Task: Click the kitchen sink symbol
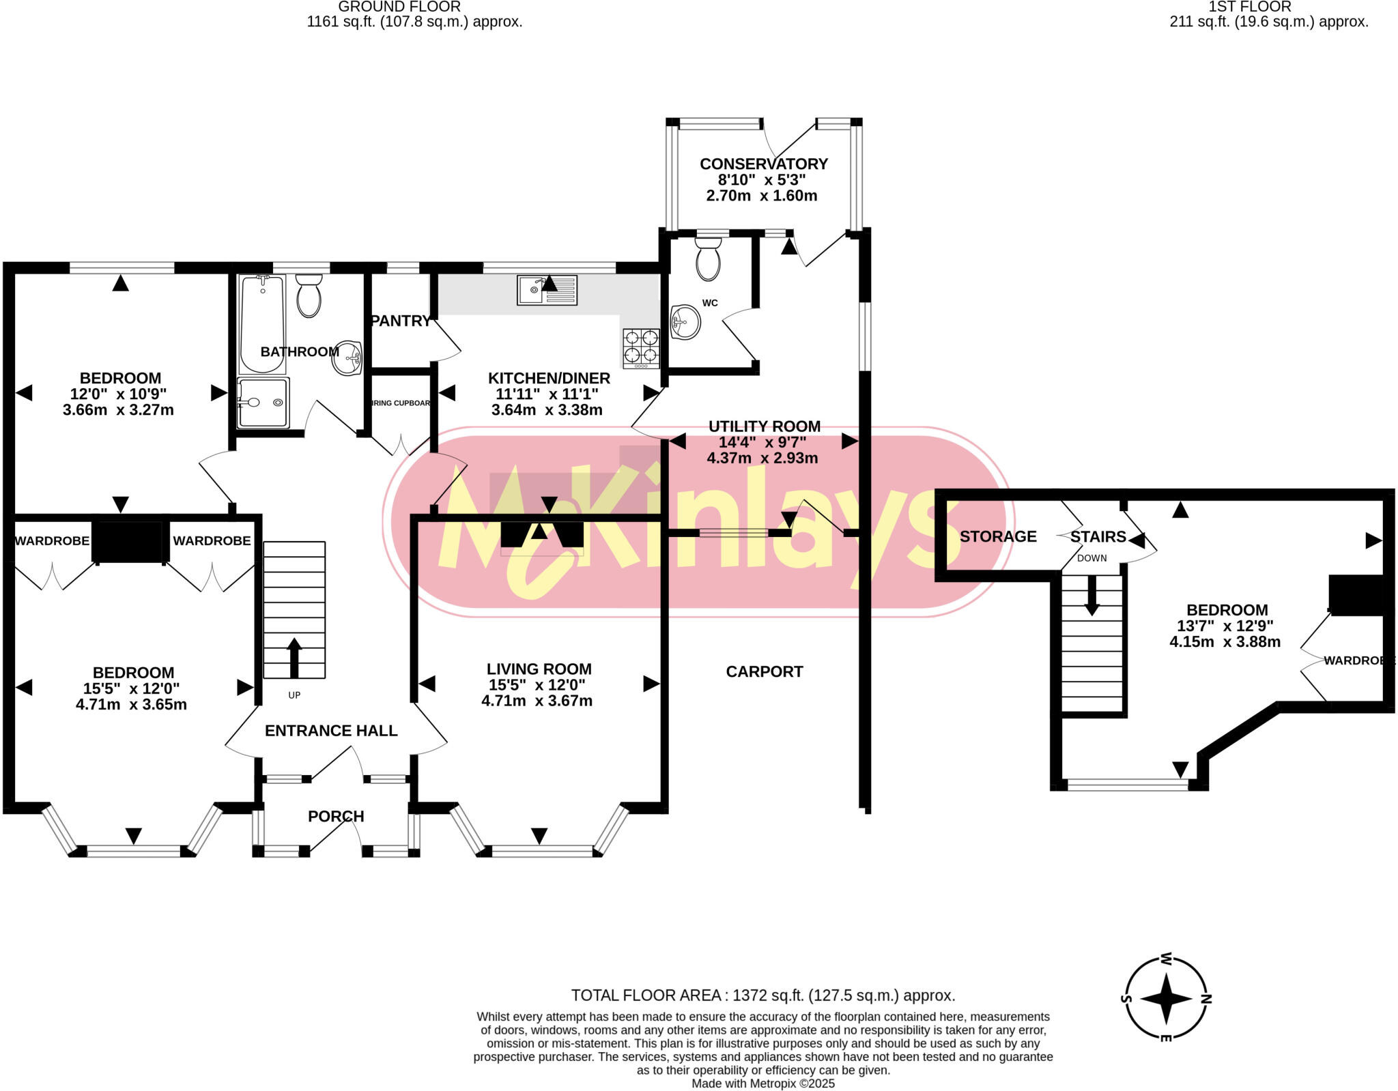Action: tap(546, 290)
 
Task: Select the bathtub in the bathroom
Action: tap(262, 323)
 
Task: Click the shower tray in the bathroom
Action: tap(263, 403)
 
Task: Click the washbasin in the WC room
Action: tap(685, 321)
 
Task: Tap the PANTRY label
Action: tap(400, 321)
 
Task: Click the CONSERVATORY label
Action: tap(763, 164)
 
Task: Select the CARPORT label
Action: tap(764, 671)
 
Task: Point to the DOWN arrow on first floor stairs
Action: tap(1092, 595)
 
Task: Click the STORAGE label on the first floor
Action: tap(997, 536)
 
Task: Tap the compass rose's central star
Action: tap(1166, 999)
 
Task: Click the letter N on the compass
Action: tap(1206, 1000)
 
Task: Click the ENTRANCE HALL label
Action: tap(331, 731)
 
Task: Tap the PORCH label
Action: tap(336, 816)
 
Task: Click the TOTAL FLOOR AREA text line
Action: tap(762, 995)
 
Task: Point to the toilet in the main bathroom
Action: tap(309, 296)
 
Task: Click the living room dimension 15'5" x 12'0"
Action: tap(537, 685)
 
